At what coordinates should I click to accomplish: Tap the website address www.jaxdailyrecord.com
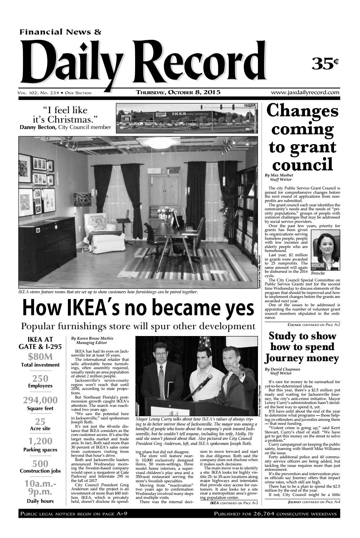305,93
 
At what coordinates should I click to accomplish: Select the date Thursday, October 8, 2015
178,93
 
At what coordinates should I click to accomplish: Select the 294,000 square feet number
40,400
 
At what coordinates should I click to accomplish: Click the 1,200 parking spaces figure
40,441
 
